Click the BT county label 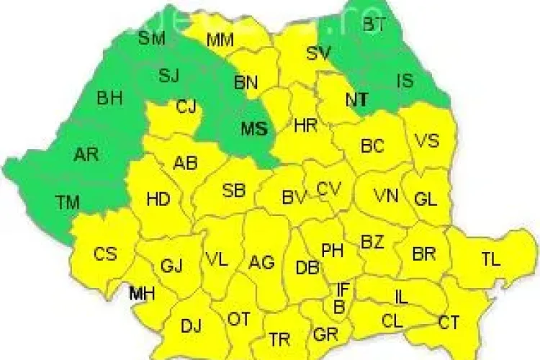[374, 25]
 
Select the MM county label [220, 41]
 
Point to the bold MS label [253, 130]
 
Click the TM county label [69, 203]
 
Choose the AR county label [86, 154]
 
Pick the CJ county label [186, 108]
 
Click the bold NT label [356, 101]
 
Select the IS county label [405, 81]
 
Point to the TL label [491, 261]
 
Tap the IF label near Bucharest [343, 290]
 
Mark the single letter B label [338, 308]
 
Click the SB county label [233, 191]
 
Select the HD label [158, 199]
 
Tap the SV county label [318, 53]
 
